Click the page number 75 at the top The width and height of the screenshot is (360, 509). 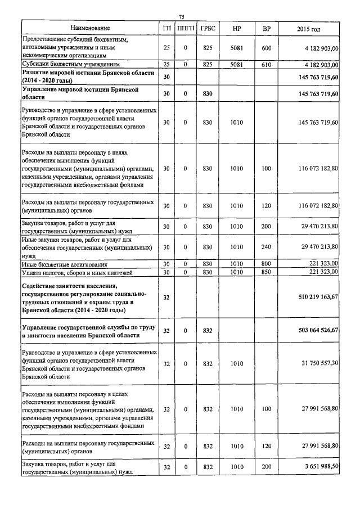point(182,17)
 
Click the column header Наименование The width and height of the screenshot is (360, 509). point(91,28)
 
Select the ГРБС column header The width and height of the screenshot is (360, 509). point(207,28)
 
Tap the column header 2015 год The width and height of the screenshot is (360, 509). point(308,28)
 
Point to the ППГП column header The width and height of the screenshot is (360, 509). point(185,28)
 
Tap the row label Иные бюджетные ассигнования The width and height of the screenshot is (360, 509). point(64,264)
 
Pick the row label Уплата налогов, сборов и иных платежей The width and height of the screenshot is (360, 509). point(76,272)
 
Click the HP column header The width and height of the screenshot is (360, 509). point(236,28)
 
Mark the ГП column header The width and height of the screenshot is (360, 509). point(166,28)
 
